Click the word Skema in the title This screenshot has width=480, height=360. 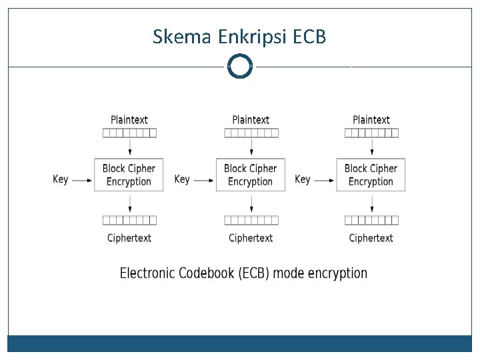[x=182, y=37]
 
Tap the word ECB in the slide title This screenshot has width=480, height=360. [x=309, y=37]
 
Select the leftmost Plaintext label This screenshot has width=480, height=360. [x=129, y=120]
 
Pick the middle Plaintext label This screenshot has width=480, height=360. [x=251, y=120]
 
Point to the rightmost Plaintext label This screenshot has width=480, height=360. [x=371, y=120]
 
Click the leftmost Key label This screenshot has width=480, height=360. [x=60, y=179]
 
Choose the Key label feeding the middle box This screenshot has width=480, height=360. [x=182, y=179]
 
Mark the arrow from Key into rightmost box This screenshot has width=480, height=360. [x=324, y=180]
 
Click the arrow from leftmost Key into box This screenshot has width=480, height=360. [x=82, y=180]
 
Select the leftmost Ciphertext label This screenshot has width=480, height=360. [x=129, y=238]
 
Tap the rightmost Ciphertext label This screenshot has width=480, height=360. [x=371, y=238]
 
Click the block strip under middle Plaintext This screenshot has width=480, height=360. [x=251, y=133]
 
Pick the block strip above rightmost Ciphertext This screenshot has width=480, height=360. [x=371, y=221]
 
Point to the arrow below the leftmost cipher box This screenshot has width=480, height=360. [x=130, y=204]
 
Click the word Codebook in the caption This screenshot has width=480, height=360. [x=206, y=273]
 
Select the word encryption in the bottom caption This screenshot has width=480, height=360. [x=337, y=273]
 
